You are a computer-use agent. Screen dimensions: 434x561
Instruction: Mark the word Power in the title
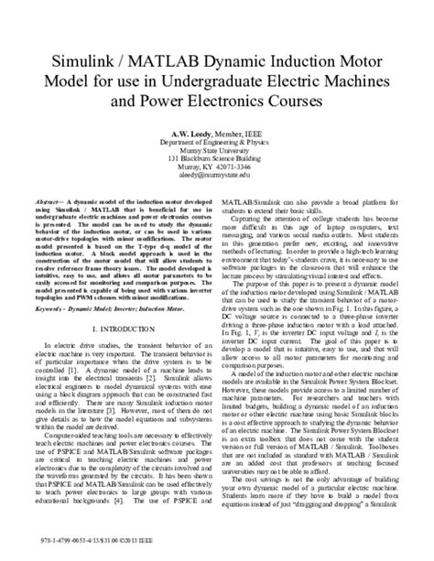coord(162,94)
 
